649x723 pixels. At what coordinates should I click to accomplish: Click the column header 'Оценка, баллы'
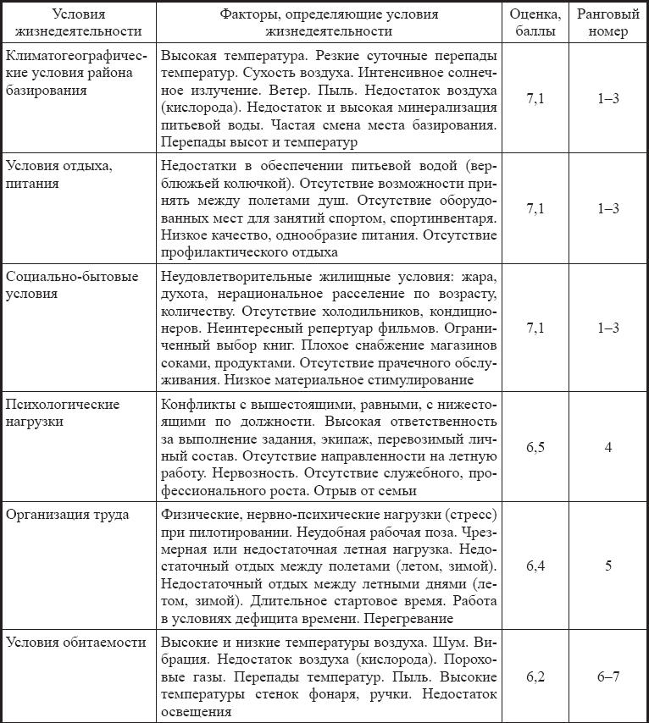[535, 24]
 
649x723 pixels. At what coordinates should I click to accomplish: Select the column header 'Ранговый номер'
[608, 24]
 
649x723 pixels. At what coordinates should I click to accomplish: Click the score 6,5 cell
[535, 446]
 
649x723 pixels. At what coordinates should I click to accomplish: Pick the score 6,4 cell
[535, 566]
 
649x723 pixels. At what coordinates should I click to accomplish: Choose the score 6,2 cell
[535, 677]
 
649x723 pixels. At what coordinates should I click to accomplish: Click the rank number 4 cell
[608, 446]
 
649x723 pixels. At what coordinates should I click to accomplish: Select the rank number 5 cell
[608, 566]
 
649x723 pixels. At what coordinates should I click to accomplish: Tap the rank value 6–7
[608, 677]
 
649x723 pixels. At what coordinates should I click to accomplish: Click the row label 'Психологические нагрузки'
[63, 412]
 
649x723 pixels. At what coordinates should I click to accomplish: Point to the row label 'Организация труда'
[66, 515]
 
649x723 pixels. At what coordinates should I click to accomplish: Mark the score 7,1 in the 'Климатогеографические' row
[535, 99]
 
